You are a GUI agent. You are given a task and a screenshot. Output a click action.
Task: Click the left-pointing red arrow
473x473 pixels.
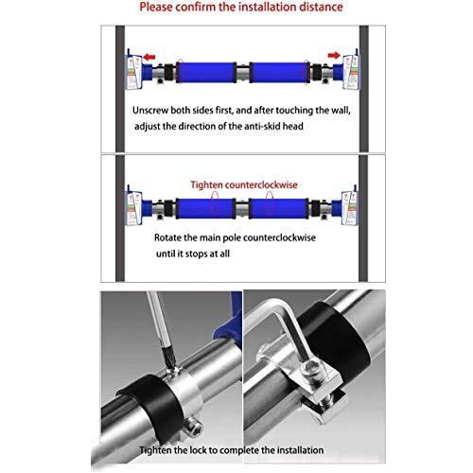149,57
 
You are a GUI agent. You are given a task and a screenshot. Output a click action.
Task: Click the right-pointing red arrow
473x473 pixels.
334,56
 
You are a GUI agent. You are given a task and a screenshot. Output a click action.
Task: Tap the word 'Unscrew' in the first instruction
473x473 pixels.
150,111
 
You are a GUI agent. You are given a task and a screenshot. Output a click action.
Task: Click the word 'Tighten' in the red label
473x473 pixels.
205,184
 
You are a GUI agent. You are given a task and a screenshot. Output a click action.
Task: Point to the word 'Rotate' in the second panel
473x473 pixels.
167,237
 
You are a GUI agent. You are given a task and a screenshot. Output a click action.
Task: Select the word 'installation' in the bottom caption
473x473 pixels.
299,450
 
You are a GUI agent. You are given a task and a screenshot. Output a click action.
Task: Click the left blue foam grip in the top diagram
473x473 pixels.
205,73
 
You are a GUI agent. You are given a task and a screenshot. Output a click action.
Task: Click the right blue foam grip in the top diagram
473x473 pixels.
279,73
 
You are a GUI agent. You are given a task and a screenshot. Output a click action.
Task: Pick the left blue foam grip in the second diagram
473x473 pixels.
205,208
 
